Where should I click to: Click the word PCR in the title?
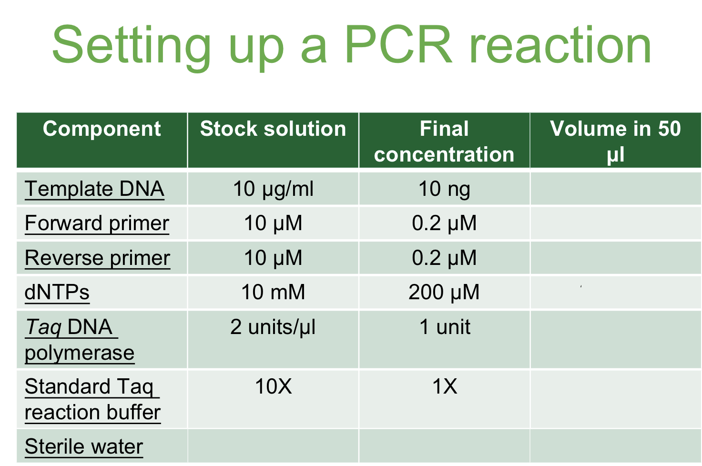click(398, 45)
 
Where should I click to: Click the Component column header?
click(102, 129)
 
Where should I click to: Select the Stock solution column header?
click(273, 129)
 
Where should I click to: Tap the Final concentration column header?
click(444, 142)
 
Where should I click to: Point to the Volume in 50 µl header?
click(615, 142)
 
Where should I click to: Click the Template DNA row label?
click(94, 189)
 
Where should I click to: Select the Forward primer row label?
click(97, 223)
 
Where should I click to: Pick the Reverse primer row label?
click(97, 258)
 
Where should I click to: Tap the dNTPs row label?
click(57, 292)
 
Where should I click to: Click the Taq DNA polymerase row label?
click(79, 340)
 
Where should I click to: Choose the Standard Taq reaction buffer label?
click(92, 399)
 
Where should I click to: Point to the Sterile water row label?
click(83, 446)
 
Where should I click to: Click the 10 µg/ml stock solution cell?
click(273, 189)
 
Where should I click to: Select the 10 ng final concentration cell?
click(444, 189)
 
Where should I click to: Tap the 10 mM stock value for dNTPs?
click(273, 292)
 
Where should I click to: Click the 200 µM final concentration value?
click(444, 292)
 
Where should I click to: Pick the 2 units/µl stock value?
click(273, 327)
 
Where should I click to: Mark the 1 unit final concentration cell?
click(444, 327)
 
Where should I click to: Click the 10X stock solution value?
click(273, 386)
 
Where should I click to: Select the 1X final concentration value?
click(444, 386)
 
